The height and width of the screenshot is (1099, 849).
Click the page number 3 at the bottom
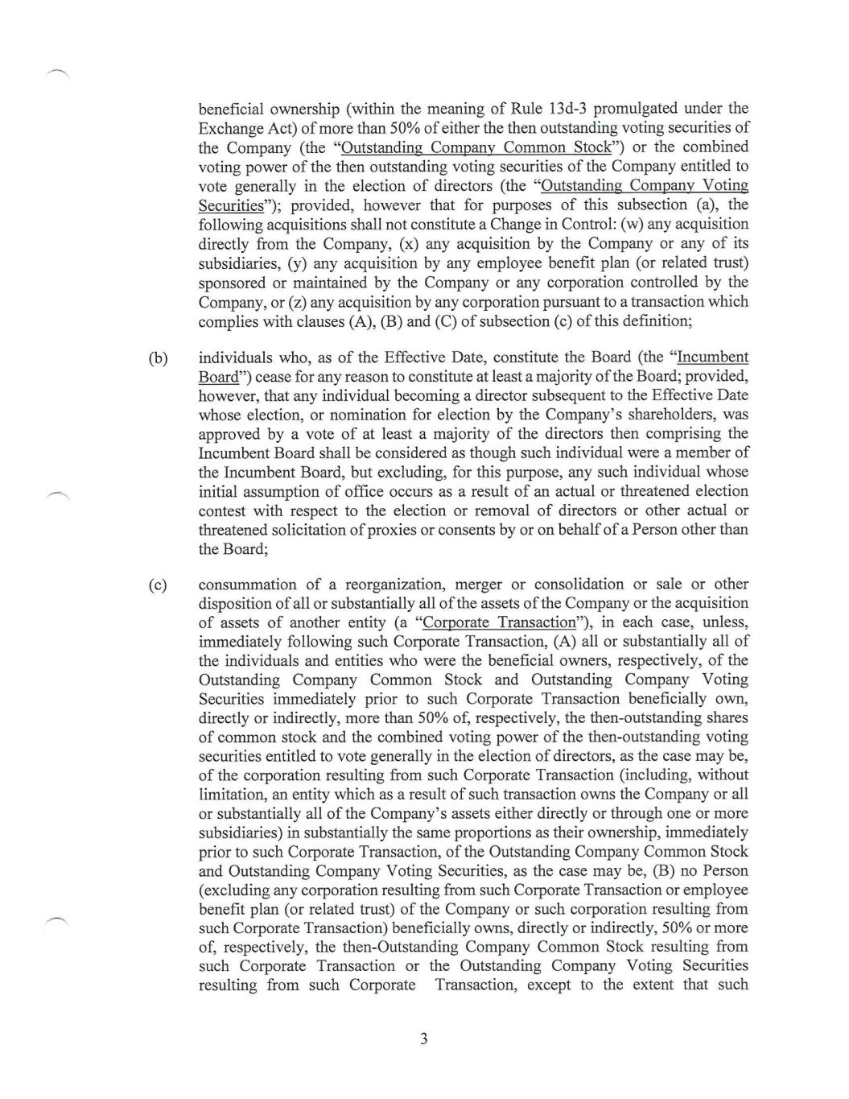423,1039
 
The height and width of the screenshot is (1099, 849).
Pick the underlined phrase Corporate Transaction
499,622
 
